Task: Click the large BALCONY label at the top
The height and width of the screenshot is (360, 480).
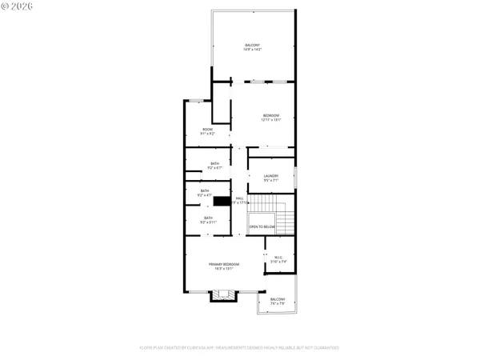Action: [252, 45]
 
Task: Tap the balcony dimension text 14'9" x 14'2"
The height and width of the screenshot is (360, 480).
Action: [252, 50]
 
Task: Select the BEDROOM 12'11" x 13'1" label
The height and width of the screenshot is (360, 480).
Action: [271, 116]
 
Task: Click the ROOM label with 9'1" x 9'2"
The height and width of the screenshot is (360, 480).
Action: [207, 130]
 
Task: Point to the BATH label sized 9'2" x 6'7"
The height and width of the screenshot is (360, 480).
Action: [215, 164]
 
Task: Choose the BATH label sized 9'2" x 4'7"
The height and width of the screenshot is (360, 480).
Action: [205, 191]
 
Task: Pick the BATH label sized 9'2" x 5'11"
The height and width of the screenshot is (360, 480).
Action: [208, 218]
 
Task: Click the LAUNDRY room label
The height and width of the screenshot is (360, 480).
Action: [270, 176]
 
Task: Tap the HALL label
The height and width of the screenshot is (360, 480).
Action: [238, 198]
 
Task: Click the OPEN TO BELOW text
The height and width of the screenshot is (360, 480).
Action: [262, 227]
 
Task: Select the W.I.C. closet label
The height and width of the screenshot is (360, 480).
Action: [278, 257]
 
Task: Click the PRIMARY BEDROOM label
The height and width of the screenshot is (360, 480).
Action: [224, 264]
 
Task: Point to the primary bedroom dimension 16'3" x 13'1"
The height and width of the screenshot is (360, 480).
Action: [224, 269]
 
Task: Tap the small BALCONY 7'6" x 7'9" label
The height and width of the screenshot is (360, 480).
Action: [278, 301]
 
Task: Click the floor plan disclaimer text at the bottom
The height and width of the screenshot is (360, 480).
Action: [239, 348]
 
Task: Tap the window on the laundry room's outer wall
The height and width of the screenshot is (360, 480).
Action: [295, 177]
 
